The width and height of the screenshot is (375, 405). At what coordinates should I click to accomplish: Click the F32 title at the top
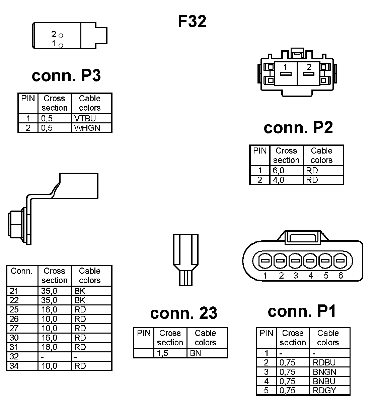click(192, 21)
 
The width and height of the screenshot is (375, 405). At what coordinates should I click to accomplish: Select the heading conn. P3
click(66, 76)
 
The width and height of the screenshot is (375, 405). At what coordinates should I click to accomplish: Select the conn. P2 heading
click(298, 128)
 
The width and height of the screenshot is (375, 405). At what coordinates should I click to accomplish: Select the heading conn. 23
click(183, 313)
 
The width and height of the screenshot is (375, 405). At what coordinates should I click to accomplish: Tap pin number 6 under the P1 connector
click(341, 276)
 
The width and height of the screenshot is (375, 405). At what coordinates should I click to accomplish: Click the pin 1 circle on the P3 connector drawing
click(61, 45)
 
